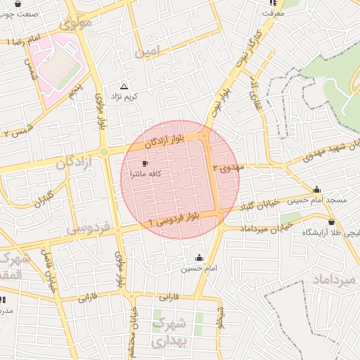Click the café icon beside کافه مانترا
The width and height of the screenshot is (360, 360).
[145, 164]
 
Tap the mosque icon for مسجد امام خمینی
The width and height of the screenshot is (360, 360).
[316, 189]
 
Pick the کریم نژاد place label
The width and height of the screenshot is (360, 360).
[124, 96]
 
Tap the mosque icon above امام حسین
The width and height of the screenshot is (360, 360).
[200, 257]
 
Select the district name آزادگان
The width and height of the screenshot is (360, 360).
[70, 163]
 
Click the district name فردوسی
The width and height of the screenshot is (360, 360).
[87, 229]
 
